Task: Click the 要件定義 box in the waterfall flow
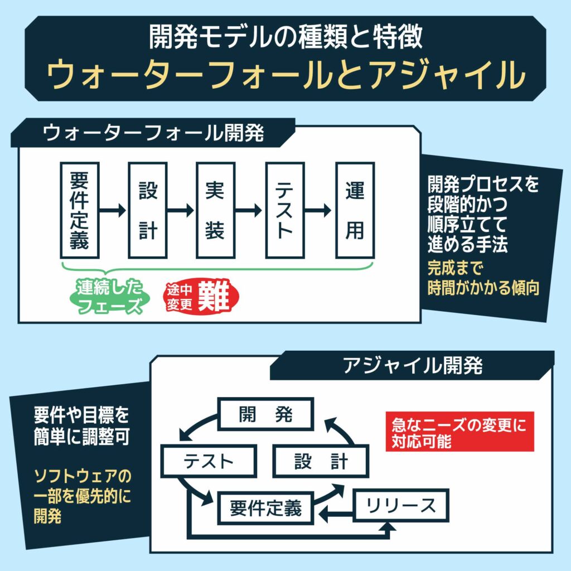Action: [x=79, y=210]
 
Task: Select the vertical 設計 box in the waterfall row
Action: [x=148, y=210]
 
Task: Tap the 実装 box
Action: [x=215, y=210]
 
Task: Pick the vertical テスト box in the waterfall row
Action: [x=284, y=210]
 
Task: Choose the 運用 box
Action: [x=355, y=210]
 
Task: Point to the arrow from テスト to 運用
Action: [x=319, y=210]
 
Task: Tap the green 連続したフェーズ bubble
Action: [x=109, y=297]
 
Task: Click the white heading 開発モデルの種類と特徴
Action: [x=285, y=38]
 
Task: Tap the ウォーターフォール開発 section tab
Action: [x=153, y=133]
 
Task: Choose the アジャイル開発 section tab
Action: [x=413, y=365]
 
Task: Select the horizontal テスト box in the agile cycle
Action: [x=208, y=461]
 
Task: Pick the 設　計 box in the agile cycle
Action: [x=320, y=461]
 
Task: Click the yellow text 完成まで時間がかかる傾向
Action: [x=483, y=278]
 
